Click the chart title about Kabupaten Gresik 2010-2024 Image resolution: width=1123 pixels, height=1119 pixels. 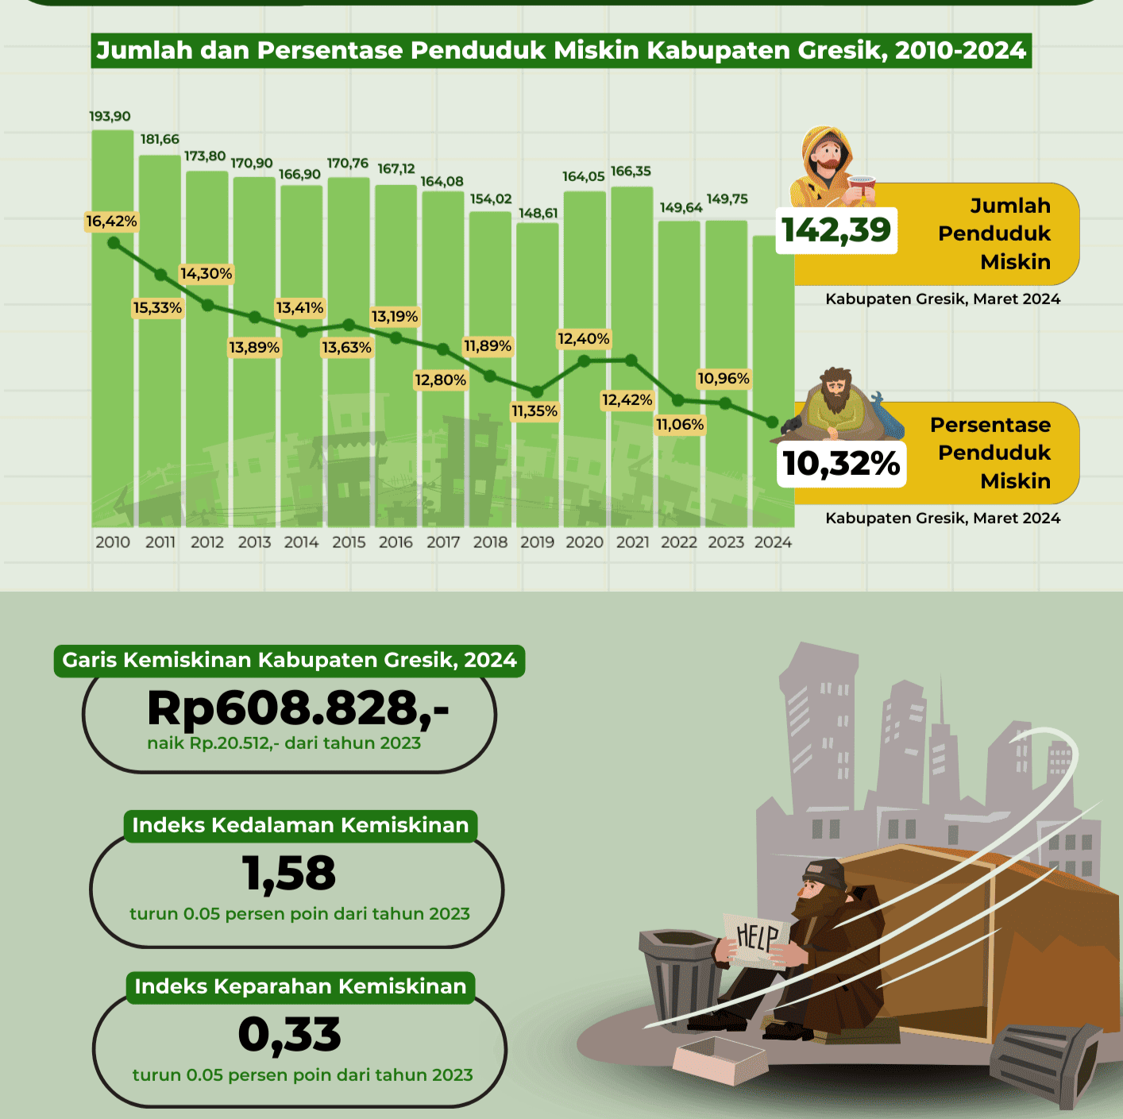click(x=561, y=51)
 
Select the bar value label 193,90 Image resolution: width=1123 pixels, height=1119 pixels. click(x=110, y=117)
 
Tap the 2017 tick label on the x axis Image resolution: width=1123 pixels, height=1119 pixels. click(x=443, y=542)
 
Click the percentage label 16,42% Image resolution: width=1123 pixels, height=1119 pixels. click(x=111, y=222)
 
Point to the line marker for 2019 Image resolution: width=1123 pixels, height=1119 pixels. click(x=537, y=392)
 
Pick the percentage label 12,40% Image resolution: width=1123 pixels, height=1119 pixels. click(x=584, y=339)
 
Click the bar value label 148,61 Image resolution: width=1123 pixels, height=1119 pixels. click(x=538, y=214)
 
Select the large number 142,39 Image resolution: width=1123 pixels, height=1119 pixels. click(x=836, y=230)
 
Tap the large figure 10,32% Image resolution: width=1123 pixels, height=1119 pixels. click(x=841, y=464)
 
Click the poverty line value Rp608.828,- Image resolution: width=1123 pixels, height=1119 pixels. click(x=298, y=708)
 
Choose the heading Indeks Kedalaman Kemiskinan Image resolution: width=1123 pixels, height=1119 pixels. click(x=300, y=826)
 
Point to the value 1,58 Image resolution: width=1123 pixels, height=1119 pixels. click(x=289, y=873)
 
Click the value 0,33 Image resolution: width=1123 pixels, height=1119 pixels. click(x=289, y=1035)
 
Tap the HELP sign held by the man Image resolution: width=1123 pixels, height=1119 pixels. click(x=757, y=938)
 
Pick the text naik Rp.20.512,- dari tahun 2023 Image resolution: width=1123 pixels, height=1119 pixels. click(x=284, y=743)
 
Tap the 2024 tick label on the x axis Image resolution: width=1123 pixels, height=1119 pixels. click(x=773, y=542)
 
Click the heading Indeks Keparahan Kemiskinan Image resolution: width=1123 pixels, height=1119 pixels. click(x=300, y=987)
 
